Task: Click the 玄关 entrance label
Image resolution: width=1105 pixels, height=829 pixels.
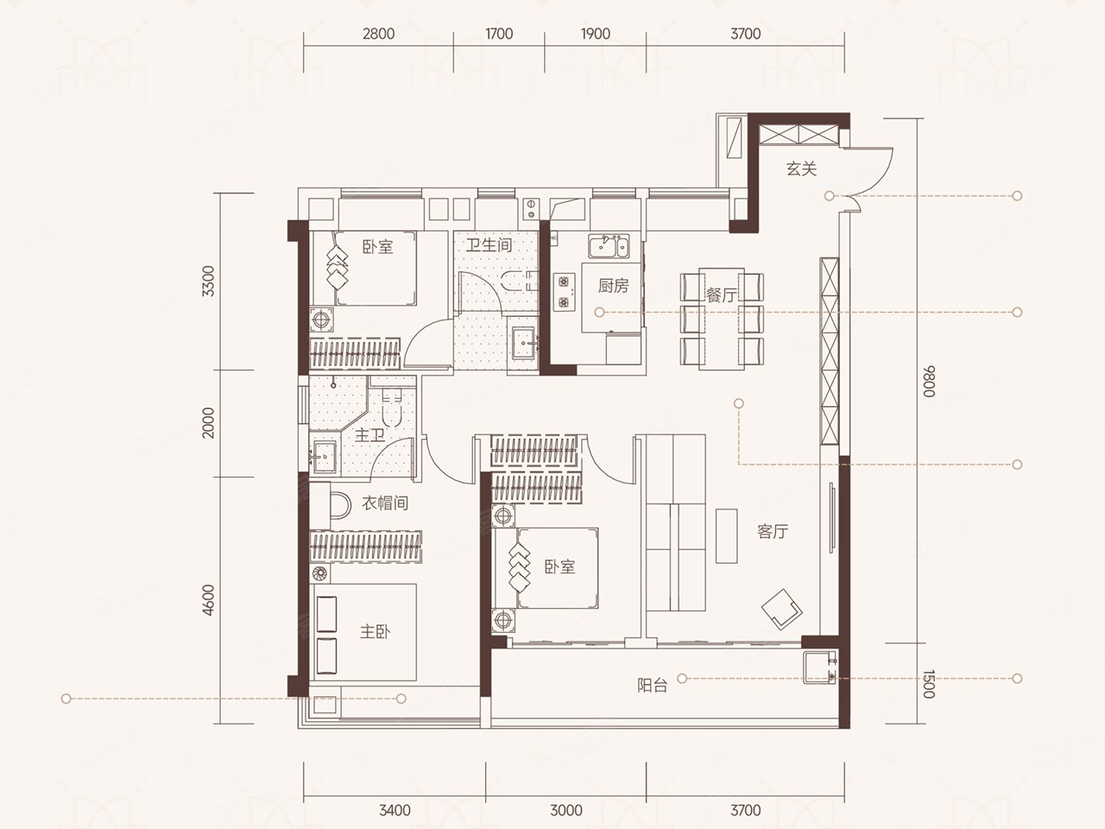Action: click(x=801, y=168)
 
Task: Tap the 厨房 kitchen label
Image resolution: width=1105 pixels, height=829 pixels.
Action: click(x=613, y=286)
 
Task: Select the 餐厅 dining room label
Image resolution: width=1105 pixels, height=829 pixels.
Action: click(x=721, y=295)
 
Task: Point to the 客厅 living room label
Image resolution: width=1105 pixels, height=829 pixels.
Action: click(x=773, y=532)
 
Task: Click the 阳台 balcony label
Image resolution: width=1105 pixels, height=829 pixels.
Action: click(x=653, y=685)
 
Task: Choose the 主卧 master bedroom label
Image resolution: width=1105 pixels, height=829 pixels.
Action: click(x=375, y=632)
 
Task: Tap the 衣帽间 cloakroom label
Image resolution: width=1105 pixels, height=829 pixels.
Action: click(x=385, y=503)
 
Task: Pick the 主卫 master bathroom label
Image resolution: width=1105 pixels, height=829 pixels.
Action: click(x=369, y=435)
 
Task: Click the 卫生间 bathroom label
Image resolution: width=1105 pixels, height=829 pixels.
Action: click(x=489, y=245)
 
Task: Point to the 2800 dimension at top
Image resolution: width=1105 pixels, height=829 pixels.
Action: click(x=379, y=34)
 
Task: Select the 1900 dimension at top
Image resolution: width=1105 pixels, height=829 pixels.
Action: click(x=596, y=34)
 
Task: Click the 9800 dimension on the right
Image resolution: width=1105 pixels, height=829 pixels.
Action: click(x=928, y=381)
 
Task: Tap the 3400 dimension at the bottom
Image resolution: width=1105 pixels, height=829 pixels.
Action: click(x=395, y=810)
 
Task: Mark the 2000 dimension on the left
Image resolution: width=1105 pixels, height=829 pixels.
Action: click(x=208, y=423)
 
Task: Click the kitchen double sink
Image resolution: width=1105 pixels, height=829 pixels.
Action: click(x=609, y=246)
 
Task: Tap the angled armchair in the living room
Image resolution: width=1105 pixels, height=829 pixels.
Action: click(x=781, y=609)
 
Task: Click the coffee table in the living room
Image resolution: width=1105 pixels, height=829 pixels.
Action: click(x=726, y=535)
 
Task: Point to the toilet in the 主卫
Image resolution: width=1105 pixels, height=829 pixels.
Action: click(x=392, y=407)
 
